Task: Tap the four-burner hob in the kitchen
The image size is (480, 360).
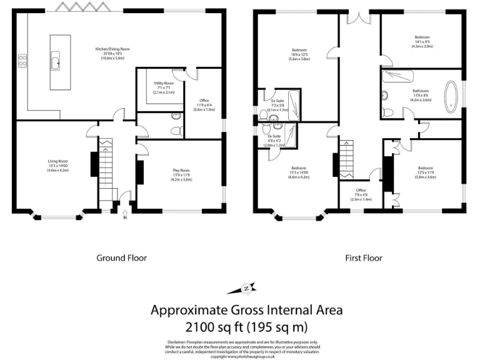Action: click(22, 61)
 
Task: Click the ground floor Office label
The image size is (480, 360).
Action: click(204, 104)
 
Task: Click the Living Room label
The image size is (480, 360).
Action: click(57, 166)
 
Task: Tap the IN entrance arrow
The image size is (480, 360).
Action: click(124, 217)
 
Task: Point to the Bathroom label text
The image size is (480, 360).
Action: click(420, 91)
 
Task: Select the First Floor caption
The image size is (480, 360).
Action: click(363, 257)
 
